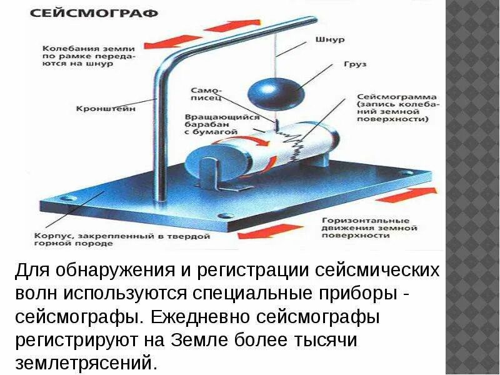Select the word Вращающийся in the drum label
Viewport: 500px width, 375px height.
(212, 117)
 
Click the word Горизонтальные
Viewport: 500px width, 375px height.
(365, 221)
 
